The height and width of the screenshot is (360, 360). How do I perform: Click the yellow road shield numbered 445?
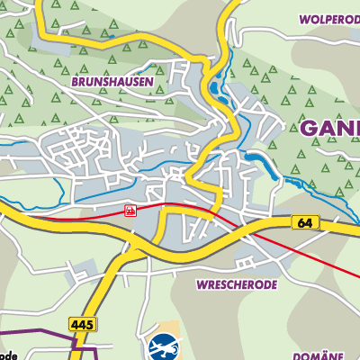tap(80, 323)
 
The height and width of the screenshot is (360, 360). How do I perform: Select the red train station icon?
tap(130, 211)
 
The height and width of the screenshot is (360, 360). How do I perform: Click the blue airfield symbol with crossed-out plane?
tap(163, 346)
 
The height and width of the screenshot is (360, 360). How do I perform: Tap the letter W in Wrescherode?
tap(197, 283)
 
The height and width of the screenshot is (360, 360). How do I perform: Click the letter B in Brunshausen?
tap(97, 80)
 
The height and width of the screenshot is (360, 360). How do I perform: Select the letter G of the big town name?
tap(310, 128)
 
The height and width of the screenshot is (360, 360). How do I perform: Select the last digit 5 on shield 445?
tap(87, 323)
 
